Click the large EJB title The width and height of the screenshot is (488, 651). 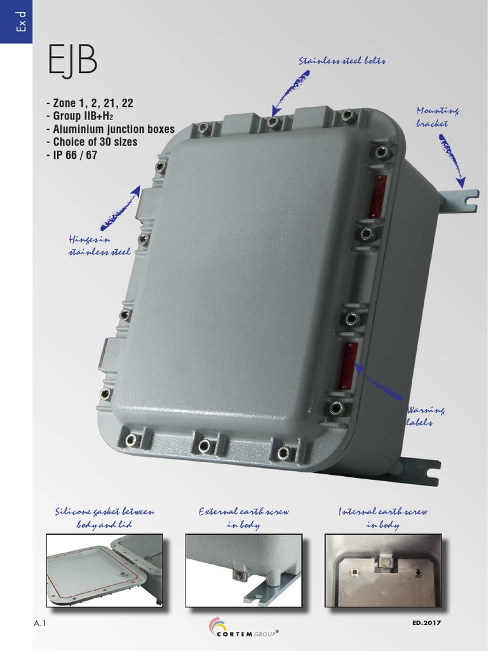click(x=72, y=61)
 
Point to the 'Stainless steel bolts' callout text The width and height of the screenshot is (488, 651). click(x=342, y=61)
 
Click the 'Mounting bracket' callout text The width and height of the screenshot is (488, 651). click(x=437, y=117)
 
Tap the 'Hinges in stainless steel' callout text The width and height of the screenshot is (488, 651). click(x=99, y=246)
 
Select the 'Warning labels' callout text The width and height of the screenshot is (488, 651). click(x=426, y=416)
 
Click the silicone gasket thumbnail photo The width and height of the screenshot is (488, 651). click(x=104, y=570)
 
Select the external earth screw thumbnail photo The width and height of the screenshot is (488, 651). click(x=243, y=570)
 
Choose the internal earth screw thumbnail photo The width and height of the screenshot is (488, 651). click(x=383, y=570)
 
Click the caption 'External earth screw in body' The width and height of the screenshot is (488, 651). click(x=243, y=518)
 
